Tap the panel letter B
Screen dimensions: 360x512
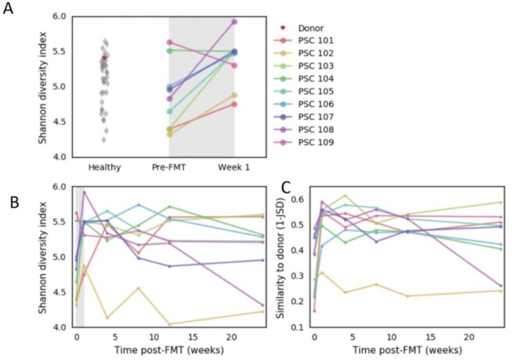tap(14, 202)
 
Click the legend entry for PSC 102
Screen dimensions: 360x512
tap(315, 53)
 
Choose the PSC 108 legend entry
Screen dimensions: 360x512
tap(315, 130)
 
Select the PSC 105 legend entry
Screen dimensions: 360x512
tap(315, 91)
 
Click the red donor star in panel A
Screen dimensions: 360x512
tap(104, 58)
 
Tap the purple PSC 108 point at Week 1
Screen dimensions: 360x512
tap(234, 22)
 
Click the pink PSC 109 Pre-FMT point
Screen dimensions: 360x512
tap(169, 43)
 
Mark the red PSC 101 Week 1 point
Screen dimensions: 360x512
tap(234, 104)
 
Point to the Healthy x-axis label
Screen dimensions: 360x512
tap(104, 168)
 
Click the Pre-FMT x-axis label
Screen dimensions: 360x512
tap(169, 168)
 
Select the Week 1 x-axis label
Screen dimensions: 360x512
tap(234, 168)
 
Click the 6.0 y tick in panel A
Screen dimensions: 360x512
tap(61, 16)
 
